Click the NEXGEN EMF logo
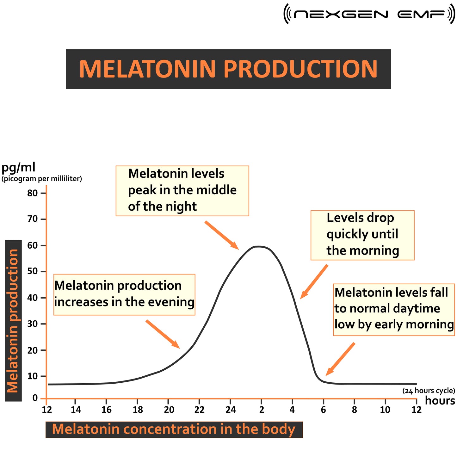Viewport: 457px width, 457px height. tap(369, 14)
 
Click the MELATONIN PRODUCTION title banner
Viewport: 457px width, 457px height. tap(228, 69)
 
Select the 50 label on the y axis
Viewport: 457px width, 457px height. tap(32, 271)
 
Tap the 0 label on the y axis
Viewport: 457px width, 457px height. tap(35, 398)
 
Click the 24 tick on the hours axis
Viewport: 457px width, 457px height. tap(231, 410)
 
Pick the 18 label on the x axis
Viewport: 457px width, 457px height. tap(138, 410)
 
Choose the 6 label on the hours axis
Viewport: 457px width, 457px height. tap(323, 410)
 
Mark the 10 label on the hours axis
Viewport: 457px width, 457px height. tap(385, 410)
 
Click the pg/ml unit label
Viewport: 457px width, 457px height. tap(18, 167)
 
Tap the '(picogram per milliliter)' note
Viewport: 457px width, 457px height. tap(42, 179)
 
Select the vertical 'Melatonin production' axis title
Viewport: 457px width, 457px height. tap(13, 321)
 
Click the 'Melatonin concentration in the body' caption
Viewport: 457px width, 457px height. tap(174, 429)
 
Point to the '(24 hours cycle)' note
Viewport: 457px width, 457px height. tap(429, 391)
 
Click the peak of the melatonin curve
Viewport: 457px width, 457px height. tap(259, 246)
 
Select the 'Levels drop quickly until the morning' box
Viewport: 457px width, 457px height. tap(362, 235)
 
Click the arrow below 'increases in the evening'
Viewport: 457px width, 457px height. tap(163, 334)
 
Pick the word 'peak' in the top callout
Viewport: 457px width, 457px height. tap(142, 190)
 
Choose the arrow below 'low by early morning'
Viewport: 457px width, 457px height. tap(340, 359)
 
